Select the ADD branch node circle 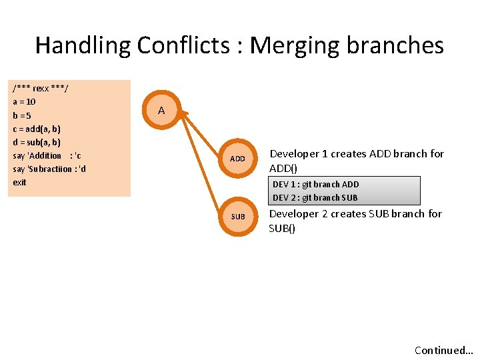pos(237,159)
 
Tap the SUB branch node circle pos(238,217)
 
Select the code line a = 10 pos(25,102)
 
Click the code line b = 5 pos(23,115)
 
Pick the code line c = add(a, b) pos(37,129)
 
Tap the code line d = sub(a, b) pos(37,142)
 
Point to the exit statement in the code pos(19,182)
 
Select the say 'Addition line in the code pos(47,155)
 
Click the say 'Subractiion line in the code pos(49,169)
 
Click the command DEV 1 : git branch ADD pos(315,184)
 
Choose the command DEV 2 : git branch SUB pos(315,197)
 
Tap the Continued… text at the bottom pos(443,350)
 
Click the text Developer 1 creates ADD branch pos(356,154)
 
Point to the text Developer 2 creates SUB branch pos(355,214)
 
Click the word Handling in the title pos(83,45)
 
